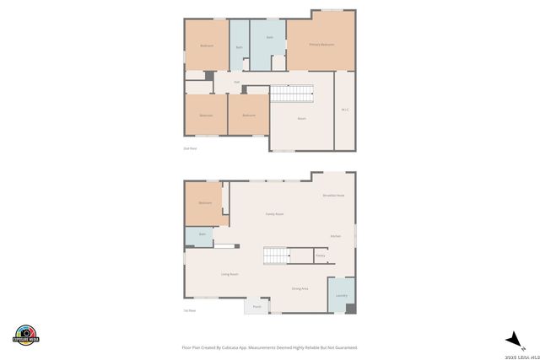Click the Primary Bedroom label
tap(321, 44)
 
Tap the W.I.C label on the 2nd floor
tap(345, 110)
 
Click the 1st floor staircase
tap(276, 255)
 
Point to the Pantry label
tap(320, 255)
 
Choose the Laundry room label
tap(341, 295)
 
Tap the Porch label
tap(256, 307)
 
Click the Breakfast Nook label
tap(333, 196)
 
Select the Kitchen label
tap(335, 236)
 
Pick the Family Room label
tap(274, 214)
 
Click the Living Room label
tap(229, 275)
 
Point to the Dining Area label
tap(300, 289)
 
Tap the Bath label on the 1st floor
tap(202, 234)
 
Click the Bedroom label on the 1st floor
tap(205, 203)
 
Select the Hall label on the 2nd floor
tap(224, 82)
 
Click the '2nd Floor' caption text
tap(190, 148)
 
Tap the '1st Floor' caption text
tap(190, 311)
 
